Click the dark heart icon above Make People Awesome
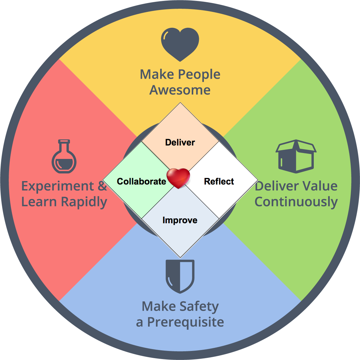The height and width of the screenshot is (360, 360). click(x=180, y=44)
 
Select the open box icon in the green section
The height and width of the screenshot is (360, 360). click(x=296, y=156)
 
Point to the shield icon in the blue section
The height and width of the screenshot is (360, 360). click(x=180, y=276)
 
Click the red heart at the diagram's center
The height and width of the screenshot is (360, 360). click(x=178, y=178)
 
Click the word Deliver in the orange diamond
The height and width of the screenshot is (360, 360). click(x=180, y=142)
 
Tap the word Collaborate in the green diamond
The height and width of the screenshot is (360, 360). click(x=141, y=181)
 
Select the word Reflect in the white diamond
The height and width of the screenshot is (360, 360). click(x=219, y=181)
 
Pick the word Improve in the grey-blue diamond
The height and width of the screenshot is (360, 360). click(x=180, y=220)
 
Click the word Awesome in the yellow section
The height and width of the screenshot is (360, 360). click(x=180, y=90)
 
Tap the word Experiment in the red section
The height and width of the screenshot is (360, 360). click(x=57, y=186)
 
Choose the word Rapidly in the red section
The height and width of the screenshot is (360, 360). click(x=84, y=202)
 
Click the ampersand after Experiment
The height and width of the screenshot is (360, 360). click(x=102, y=186)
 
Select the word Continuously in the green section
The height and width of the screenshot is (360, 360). click(x=296, y=202)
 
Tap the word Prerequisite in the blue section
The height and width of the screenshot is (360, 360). click(x=185, y=322)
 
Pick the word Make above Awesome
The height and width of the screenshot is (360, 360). click(x=157, y=75)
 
